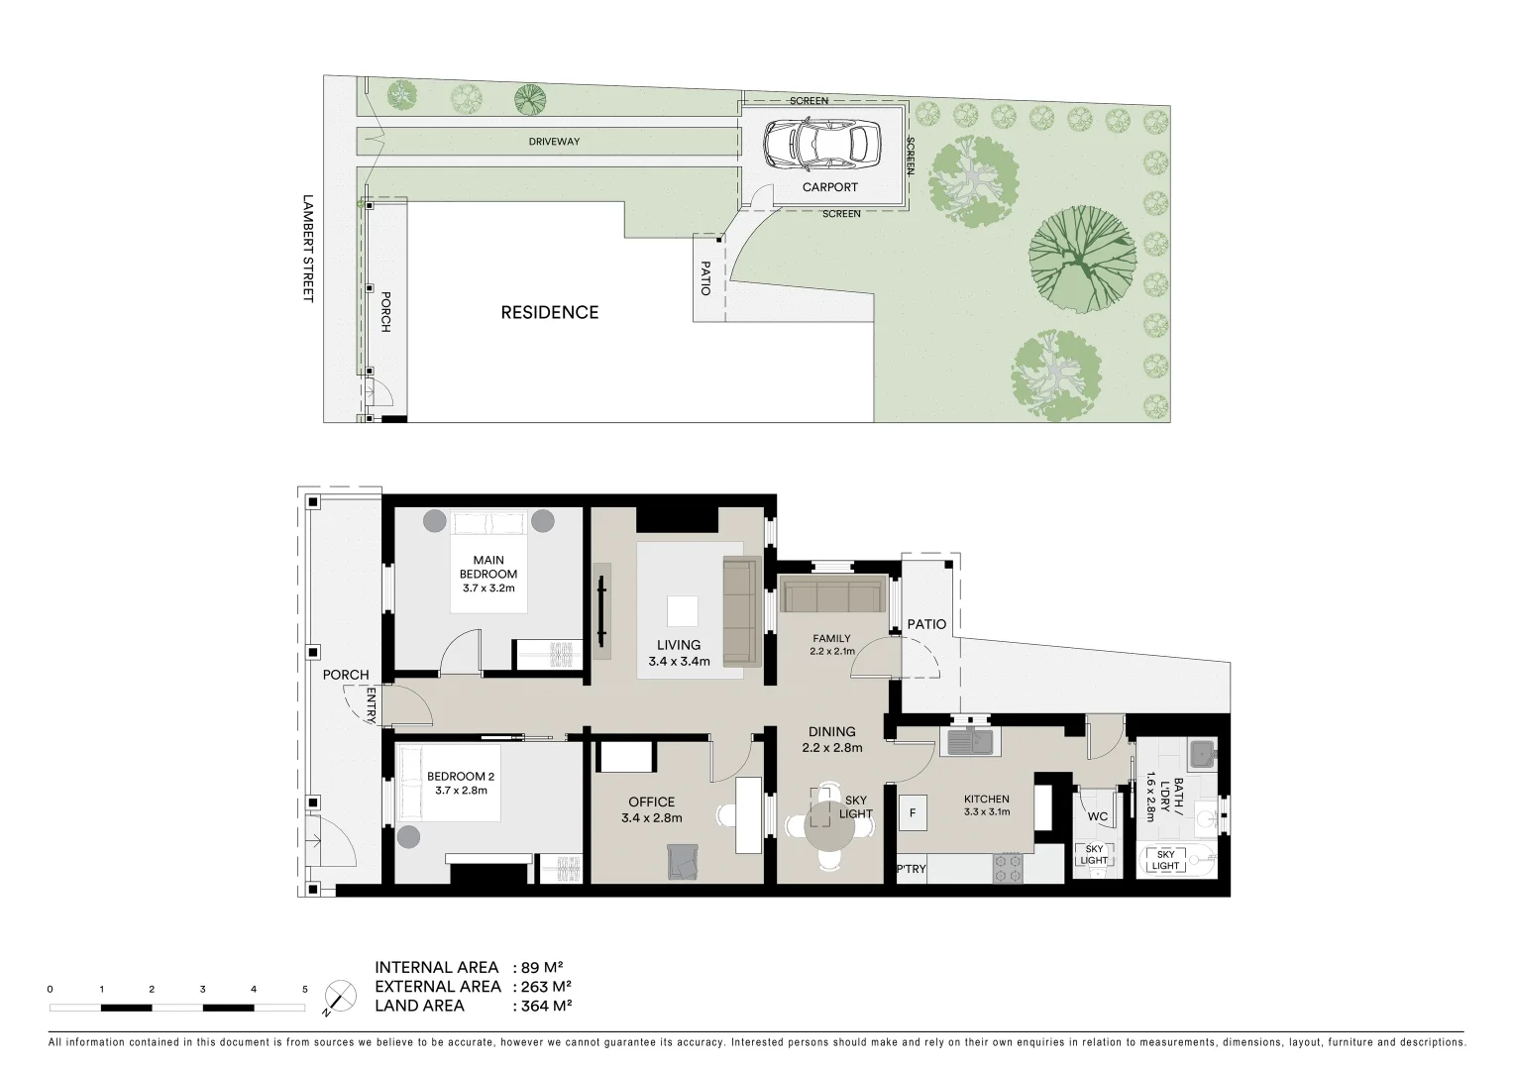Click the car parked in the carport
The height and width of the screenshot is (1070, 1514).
tap(821, 144)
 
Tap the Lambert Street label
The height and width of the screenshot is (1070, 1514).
tap(308, 248)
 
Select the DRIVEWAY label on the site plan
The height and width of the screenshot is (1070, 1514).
tap(554, 142)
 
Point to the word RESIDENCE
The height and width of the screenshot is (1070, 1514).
tap(549, 312)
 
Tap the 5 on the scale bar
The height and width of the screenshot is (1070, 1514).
tap(305, 989)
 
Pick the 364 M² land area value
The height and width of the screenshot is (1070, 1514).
tap(543, 1006)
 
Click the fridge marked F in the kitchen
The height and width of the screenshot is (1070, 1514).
tap(912, 813)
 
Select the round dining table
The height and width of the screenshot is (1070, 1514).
tap(829, 821)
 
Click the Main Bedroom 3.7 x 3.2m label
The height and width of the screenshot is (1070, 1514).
tap(488, 574)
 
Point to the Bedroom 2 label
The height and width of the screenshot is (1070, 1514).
tap(460, 783)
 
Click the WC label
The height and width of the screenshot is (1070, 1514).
tap(1097, 817)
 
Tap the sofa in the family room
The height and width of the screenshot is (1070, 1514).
tap(832, 596)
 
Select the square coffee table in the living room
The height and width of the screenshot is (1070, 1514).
tap(682, 610)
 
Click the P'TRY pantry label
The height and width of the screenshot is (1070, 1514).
tap(911, 869)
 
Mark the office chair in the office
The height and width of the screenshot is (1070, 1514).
tap(683, 860)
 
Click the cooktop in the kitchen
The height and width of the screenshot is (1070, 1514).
tap(1007, 869)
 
